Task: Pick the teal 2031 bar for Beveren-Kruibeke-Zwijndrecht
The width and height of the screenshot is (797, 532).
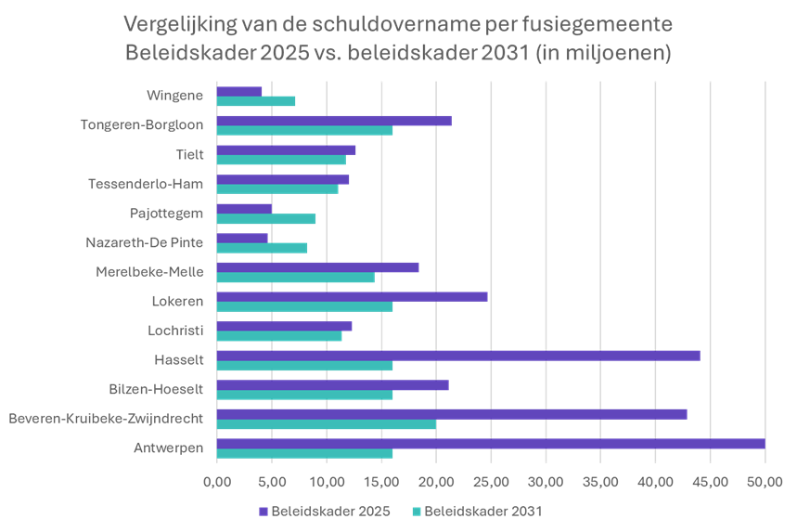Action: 326,424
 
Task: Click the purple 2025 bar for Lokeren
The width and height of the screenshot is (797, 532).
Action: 352,296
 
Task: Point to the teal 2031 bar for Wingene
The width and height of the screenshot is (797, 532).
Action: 256,101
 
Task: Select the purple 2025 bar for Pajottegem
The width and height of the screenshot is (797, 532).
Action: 244,208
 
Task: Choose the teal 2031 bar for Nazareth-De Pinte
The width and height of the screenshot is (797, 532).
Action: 262,248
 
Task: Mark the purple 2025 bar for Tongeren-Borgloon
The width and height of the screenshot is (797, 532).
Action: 333,120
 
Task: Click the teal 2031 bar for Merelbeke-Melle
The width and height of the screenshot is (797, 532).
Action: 295,278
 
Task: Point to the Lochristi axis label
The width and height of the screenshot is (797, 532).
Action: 175,330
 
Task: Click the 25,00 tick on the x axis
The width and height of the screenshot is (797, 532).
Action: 491,482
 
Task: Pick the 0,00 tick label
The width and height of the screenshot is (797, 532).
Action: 216,482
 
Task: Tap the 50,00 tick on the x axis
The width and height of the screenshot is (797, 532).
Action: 765,482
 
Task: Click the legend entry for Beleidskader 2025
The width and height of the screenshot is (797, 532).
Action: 323,512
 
